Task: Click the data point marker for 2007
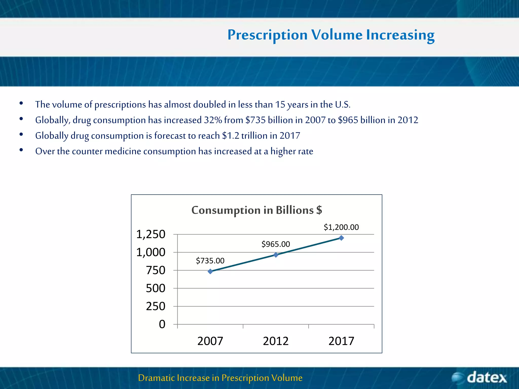coord(210,271)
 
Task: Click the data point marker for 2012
coord(276,255)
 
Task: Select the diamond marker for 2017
coord(341,238)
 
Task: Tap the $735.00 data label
coord(210,261)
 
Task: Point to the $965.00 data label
coord(275,244)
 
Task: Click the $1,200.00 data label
coord(341,227)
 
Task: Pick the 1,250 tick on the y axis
coord(151,234)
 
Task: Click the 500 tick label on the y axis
coord(155,288)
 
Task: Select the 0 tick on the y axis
coord(162,324)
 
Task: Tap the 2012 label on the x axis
coord(276,341)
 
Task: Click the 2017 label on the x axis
coord(341,341)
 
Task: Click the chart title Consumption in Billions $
coord(256,210)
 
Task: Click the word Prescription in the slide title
coord(267,35)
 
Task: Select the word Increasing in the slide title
coord(400,35)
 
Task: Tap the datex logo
coord(479,378)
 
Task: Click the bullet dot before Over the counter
coord(21,150)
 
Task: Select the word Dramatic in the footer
coord(156,378)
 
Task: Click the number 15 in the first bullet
coord(280,105)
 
